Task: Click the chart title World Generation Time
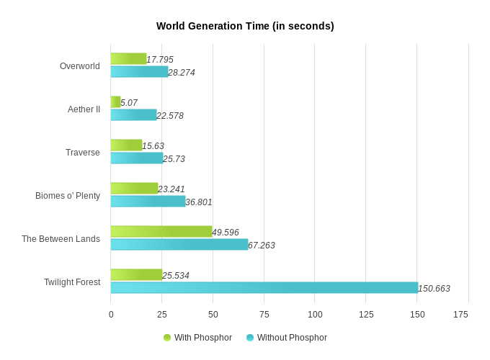pyautogui.click(x=245, y=26)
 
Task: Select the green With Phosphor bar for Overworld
pyautogui.click(x=128, y=58)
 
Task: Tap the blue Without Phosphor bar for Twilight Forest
pyautogui.click(x=264, y=287)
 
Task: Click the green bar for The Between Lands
pyautogui.click(x=161, y=231)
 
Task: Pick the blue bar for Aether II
pyautogui.click(x=133, y=114)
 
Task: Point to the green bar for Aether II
pyautogui.click(x=115, y=102)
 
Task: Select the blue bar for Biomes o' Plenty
pyautogui.click(x=148, y=201)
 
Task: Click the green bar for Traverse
pyautogui.click(x=126, y=145)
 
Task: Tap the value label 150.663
pyautogui.click(x=434, y=289)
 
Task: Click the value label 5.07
pyautogui.click(x=129, y=103)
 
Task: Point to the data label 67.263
pyautogui.click(x=262, y=246)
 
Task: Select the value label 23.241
pyautogui.click(x=171, y=189)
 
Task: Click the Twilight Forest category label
pyautogui.click(x=72, y=282)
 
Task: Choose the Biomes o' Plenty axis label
pyautogui.click(x=68, y=196)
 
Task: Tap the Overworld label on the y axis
pyautogui.click(x=80, y=66)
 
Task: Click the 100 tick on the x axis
pyautogui.click(x=315, y=315)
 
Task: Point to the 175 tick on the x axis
pyautogui.click(x=460, y=315)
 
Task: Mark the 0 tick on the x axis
pyautogui.click(x=111, y=315)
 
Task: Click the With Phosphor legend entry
pyautogui.click(x=197, y=338)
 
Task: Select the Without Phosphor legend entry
pyautogui.click(x=286, y=338)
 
